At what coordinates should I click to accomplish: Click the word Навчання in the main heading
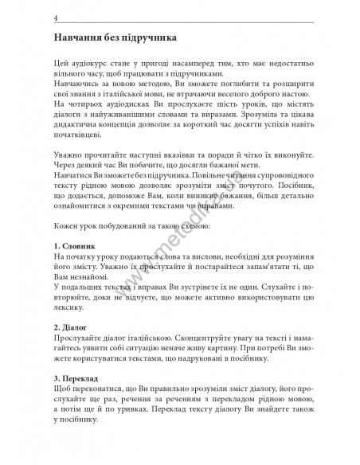[79, 39]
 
